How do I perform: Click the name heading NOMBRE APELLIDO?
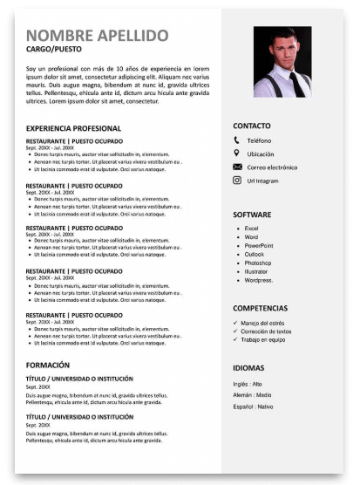pyautogui.click(x=98, y=35)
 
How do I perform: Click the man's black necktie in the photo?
pyautogui.click(x=296, y=82)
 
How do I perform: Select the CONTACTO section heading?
pyautogui.click(x=252, y=126)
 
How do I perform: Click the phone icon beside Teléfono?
pyautogui.click(x=236, y=140)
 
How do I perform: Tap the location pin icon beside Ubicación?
pyautogui.click(x=236, y=154)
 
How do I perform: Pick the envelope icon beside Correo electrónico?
pyautogui.click(x=236, y=167)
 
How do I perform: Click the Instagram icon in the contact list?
pyautogui.click(x=236, y=180)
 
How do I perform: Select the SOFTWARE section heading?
pyautogui.click(x=252, y=215)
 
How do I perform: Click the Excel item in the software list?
pyautogui.click(x=252, y=229)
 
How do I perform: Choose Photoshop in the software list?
pyautogui.click(x=258, y=263)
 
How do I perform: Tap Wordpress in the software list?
pyautogui.click(x=259, y=280)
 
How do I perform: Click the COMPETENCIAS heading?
pyautogui.click(x=260, y=309)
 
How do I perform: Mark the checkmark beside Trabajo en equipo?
pyautogui.click(x=235, y=340)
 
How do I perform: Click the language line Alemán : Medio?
pyautogui.click(x=252, y=395)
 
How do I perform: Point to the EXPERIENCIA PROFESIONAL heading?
pyautogui.click(x=73, y=128)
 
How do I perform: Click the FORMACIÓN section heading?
pyautogui.click(x=49, y=364)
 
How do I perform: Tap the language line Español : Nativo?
pyautogui.click(x=253, y=406)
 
